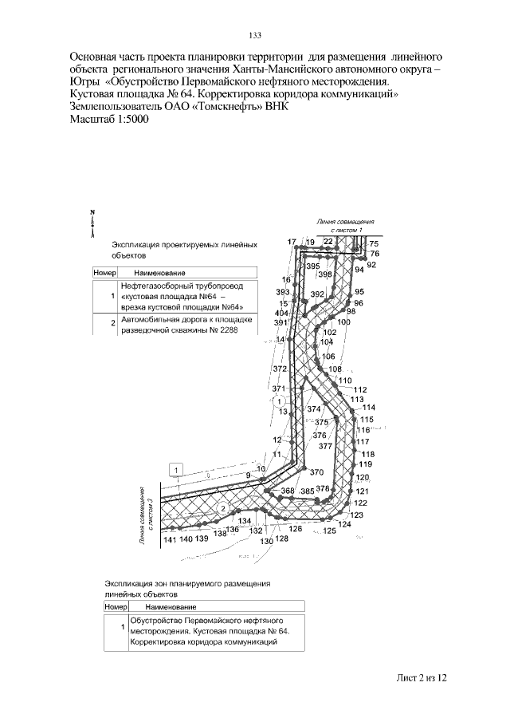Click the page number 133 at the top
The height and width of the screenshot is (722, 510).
click(256, 35)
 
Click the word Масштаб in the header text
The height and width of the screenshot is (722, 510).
click(94, 119)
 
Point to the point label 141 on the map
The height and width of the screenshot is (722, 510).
click(169, 540)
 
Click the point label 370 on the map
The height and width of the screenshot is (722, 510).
click(316, 471)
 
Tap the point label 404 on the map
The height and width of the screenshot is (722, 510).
click(280, 314)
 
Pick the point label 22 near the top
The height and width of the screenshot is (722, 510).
click(328, 241)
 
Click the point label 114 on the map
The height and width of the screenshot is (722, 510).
click(368, 408)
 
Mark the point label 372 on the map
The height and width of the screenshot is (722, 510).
click(279, 369)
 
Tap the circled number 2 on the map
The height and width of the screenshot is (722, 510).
click(224, 508)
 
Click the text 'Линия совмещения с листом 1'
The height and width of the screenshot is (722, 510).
click(345, 225)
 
